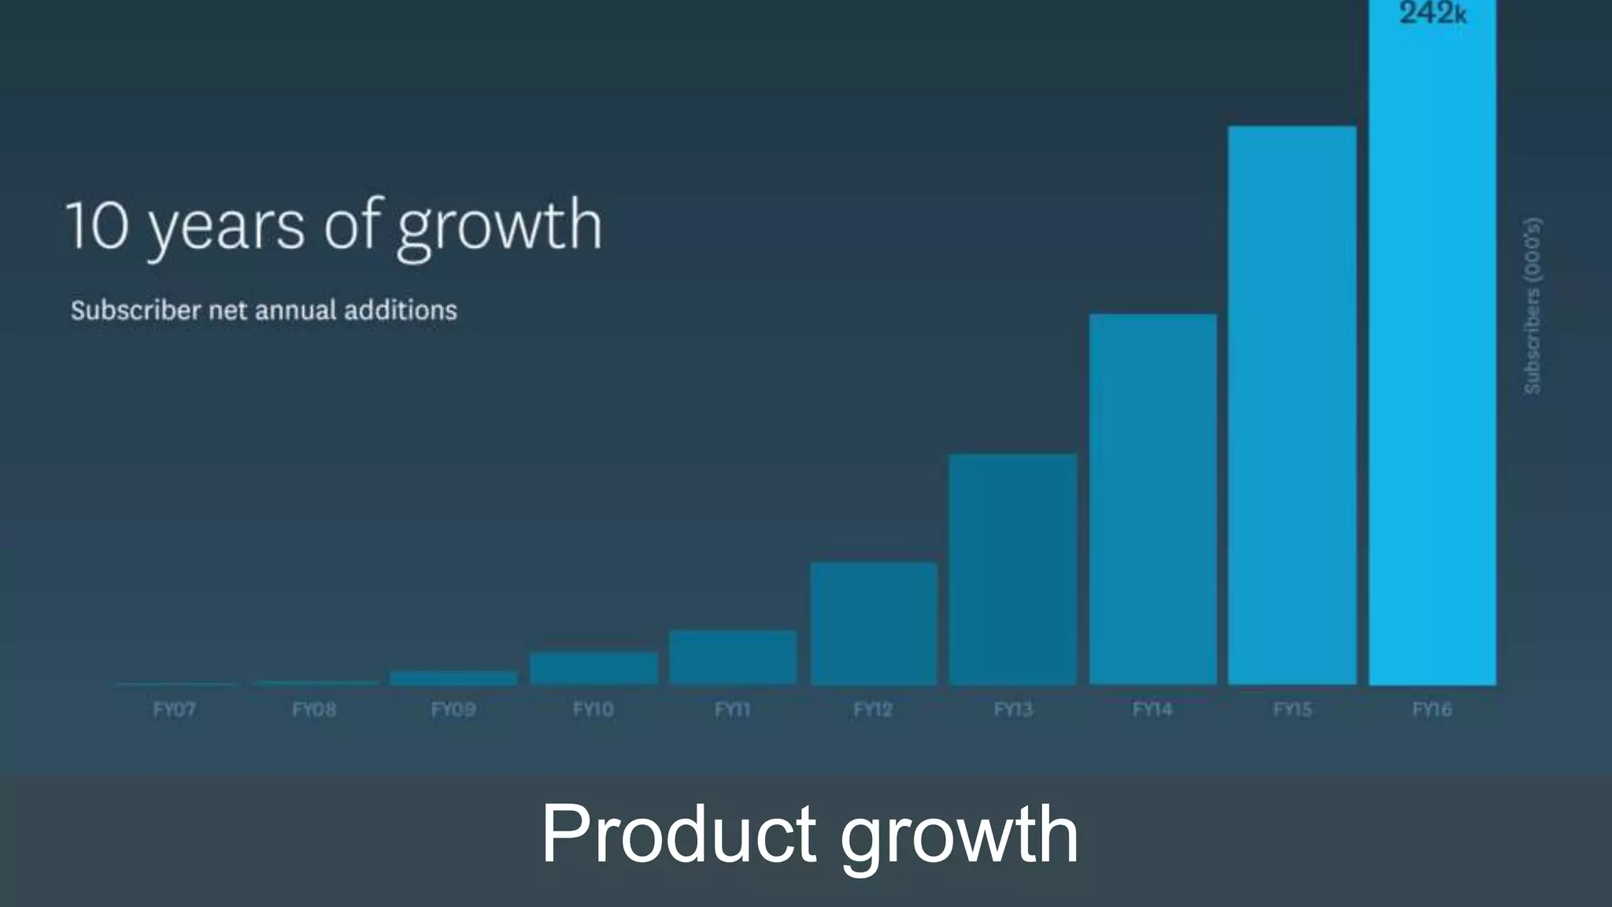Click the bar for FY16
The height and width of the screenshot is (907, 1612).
tap(1433, 354)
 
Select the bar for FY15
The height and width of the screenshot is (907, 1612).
tap(1292, 405)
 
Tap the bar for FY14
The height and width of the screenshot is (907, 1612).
tap(1153, 500)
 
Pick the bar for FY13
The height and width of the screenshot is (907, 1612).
tap(1013, 569)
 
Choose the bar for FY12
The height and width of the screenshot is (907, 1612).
tap(874, 624)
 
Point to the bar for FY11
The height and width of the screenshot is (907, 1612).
tap(733, 657)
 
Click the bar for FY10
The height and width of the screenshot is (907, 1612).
tap(593, 668)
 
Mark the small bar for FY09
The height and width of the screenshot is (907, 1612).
tap(453, 678)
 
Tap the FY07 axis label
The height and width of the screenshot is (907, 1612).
tap(174, 709)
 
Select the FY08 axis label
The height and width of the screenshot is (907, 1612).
tap(314, 709)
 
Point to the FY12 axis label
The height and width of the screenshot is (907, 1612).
tap(873, 709)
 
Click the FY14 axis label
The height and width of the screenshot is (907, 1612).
tap(1152, 709)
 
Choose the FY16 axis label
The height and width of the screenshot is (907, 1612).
tap(1432, 709)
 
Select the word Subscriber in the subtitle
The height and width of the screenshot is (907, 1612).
tap(136, 310)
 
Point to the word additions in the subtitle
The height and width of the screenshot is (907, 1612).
tap(400, 310)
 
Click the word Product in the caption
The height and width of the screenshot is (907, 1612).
tap(678, 835)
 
